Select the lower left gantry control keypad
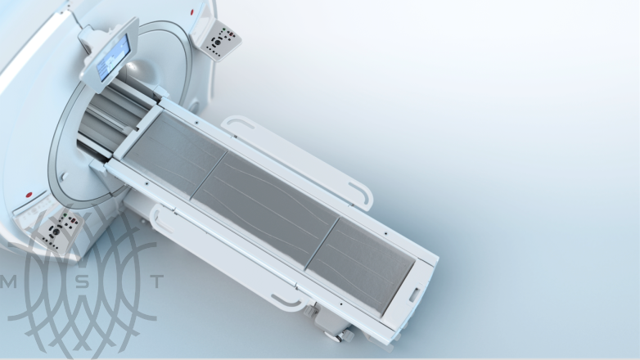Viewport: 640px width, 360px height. pos(60,227)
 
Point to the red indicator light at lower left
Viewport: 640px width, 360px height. pos(28,196)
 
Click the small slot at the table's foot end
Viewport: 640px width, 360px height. pos(413,294)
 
